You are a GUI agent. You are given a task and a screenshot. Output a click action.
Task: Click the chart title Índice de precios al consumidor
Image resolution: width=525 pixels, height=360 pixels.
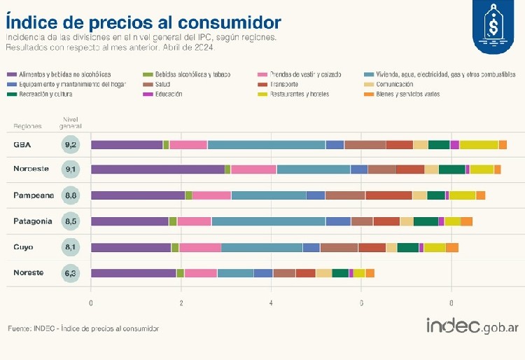coord(143,21)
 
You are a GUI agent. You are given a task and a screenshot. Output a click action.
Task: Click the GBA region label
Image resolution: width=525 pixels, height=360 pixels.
coord(21,145)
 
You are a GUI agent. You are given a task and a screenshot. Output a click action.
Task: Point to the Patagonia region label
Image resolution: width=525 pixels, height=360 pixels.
coord(32,221)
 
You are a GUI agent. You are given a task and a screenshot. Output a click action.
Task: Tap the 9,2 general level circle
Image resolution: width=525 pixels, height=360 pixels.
coord(70,145)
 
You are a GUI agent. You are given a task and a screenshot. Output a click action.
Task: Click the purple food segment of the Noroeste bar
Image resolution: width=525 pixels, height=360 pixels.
coord(157,169)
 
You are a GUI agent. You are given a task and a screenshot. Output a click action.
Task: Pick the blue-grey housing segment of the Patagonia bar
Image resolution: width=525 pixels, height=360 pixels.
coord(268,221)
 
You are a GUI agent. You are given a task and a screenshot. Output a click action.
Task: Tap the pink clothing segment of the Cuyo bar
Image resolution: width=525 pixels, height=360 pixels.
coord(200,247)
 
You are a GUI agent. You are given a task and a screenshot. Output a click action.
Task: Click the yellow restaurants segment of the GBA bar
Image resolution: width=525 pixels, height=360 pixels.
coord(479,145)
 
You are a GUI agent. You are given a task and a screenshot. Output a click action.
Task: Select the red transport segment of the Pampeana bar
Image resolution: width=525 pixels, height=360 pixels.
coord(388,195)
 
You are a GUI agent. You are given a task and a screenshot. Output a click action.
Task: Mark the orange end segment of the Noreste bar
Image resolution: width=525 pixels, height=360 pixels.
coord(370,273)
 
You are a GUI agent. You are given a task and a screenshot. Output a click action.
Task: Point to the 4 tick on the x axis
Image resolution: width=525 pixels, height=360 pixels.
coord(272,303)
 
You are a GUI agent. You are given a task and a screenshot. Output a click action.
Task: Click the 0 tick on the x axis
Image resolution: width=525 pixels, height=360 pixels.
coord(91,303)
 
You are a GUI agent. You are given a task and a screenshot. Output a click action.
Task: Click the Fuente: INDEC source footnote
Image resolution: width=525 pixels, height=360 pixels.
coord(83,328)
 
